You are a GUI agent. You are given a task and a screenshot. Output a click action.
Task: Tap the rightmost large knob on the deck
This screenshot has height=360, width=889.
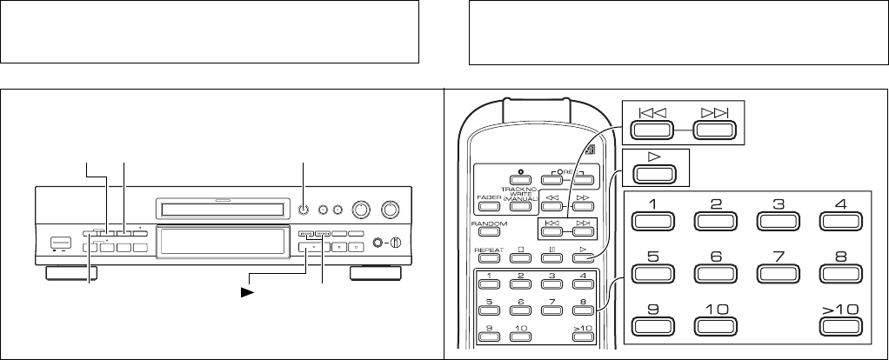pos(391,210)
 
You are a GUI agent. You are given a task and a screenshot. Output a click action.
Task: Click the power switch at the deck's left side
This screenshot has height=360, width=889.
pos(58,244)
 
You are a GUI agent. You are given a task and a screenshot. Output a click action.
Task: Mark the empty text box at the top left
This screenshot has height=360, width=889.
pos(210,32)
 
